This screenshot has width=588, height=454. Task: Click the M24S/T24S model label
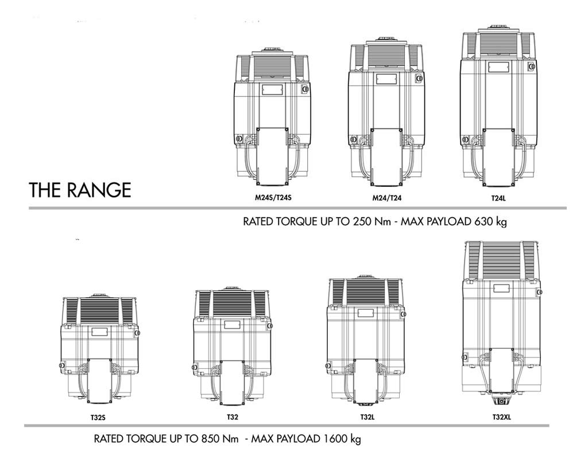[273, 198]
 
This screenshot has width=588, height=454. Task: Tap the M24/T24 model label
[386, 198]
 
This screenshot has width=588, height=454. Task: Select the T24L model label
[499, 198]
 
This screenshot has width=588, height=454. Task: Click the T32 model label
[233, 417]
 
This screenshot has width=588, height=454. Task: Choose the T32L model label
[367, 417]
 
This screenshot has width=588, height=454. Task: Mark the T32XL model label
[502, 417]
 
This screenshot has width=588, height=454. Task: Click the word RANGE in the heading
[99, 190]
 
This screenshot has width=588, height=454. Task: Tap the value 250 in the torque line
[362, 221]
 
